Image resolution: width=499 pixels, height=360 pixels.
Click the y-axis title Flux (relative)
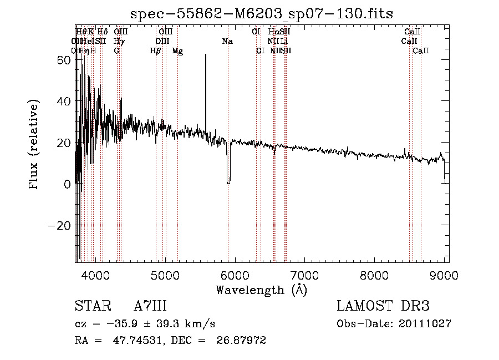pyautogui.click(x=34, y=145)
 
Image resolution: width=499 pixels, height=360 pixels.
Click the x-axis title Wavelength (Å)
pyautogui.click(x=261, y=289)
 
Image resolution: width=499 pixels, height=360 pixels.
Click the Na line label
pyautogui.click(x=227, y=41)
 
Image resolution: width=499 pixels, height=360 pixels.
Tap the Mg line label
pyautogui.click(x=177, y=51)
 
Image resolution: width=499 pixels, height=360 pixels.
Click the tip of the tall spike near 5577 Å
pyautogui.click(x=206, y=54)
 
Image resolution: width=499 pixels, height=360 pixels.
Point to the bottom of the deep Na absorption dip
pyautogui.click(x=228, y=182)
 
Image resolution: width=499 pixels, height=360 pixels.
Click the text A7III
pyautogui.click(x=150, y=306)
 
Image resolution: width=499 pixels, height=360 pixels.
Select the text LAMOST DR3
pyautogui.click(x=383, y=306)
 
